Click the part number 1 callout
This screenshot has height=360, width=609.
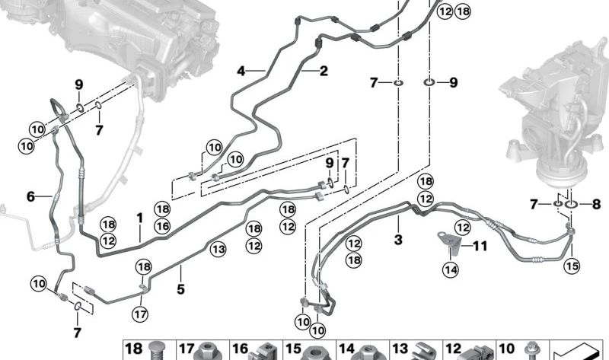coord(140,218)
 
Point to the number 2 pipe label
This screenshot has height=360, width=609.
coord(324,72)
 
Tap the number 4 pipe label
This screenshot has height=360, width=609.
coord(241,72)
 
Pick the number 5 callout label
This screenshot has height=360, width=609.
coord(180,289)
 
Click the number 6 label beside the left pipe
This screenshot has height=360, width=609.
coord(30,196)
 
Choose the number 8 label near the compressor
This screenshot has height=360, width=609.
coord(595,204)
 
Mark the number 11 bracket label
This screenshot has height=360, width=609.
coord(480,245)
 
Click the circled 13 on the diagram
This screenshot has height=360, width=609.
coord(218,248)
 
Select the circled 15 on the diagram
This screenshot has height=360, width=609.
coord(572,266)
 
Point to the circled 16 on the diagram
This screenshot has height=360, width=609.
coord(161,226)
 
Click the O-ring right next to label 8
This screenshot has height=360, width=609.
coord(572,204)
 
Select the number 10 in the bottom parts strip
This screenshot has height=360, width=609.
coord(506,350)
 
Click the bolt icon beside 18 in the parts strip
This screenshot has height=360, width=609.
coord(158,351)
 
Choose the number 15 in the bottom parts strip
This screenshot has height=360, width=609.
coord(293,350)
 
